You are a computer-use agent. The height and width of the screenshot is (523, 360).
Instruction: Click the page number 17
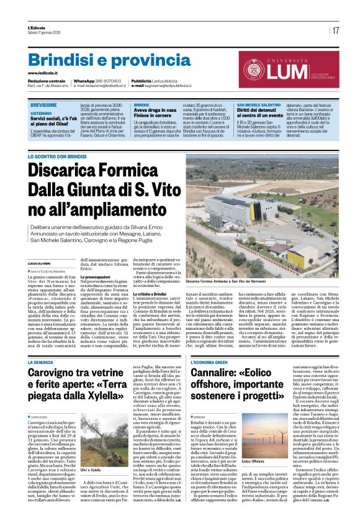coord(336,30)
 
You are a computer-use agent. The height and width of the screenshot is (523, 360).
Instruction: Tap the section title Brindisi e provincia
coord(101,60)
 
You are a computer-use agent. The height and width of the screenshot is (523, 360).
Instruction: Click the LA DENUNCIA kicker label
coord(40,362)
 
